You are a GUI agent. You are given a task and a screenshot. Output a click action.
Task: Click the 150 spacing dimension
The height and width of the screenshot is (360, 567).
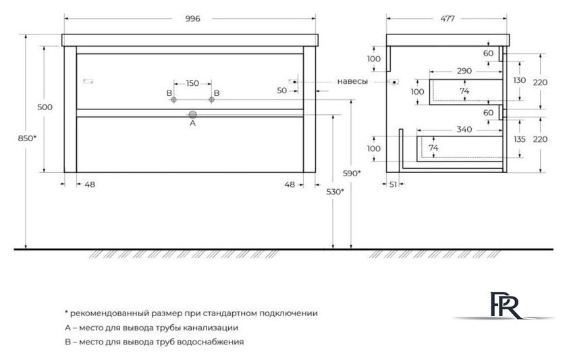192,83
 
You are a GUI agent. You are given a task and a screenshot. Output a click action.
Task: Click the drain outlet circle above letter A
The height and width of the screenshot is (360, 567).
192,113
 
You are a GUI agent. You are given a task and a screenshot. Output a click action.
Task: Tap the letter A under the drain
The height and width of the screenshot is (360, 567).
192,123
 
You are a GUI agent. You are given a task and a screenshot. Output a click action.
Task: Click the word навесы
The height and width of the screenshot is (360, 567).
352,82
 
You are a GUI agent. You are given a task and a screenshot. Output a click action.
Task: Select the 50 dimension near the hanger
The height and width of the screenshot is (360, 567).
282,90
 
